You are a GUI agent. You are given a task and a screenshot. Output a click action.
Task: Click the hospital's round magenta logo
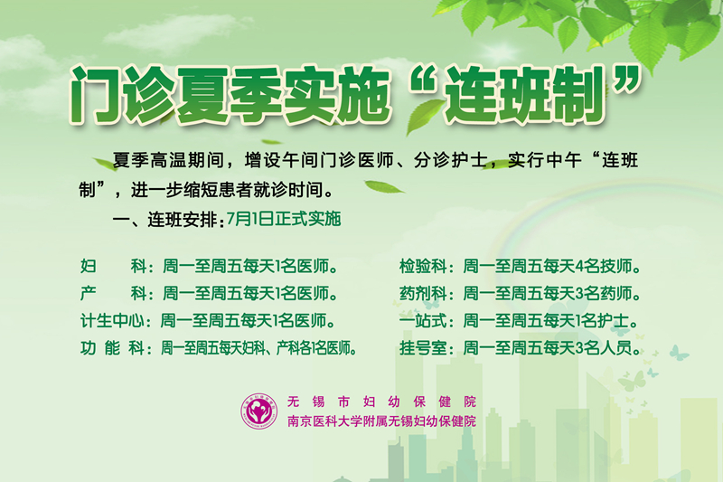click(x=260, y=411)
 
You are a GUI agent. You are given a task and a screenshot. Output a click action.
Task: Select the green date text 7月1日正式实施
click(x=284, y=219)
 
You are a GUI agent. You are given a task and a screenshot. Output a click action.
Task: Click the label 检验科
click(x=423, y=266)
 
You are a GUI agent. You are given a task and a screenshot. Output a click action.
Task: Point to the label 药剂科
click(x=423, y=293)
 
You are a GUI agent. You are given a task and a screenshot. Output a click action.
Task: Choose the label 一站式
click(x=423, y=320)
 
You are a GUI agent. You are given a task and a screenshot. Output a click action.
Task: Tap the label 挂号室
click(x=423, y=348)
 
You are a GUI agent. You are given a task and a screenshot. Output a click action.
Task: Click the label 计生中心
click(x=112, y=320)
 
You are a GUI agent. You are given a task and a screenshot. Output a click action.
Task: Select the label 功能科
click(x=112, y=348)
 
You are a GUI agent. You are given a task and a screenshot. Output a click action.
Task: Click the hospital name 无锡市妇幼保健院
click(x=381, y=402)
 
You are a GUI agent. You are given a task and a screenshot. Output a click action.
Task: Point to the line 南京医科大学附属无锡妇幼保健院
click(x=381, y=421)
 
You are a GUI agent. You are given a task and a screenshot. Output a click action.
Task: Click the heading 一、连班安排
click(x=164, y=220)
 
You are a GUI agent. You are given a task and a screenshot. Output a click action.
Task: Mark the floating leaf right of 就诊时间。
click(x=385, y=187)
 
